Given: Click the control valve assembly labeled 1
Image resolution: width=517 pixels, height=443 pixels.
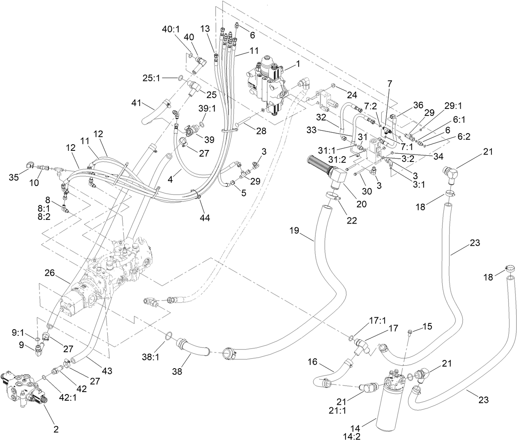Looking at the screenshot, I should pos(268,82).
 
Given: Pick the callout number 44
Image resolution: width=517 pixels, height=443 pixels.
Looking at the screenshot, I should pos(205,218).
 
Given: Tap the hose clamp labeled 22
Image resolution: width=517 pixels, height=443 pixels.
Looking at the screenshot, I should pos(333,197).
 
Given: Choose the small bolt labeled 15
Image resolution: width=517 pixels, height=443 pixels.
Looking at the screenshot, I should pos(410,332).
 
